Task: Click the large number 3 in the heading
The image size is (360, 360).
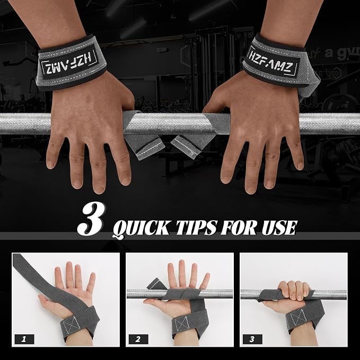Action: pos(91,219)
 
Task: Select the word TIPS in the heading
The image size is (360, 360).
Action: pos(196,227)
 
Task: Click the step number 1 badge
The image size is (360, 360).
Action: pos(24,339)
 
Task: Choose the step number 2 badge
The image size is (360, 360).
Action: pos(138,339)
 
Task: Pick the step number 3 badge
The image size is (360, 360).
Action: pos(252,339)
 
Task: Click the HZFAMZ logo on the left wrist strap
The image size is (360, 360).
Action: pos(69,63)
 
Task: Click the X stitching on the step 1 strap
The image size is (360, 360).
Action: pos(72,324)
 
